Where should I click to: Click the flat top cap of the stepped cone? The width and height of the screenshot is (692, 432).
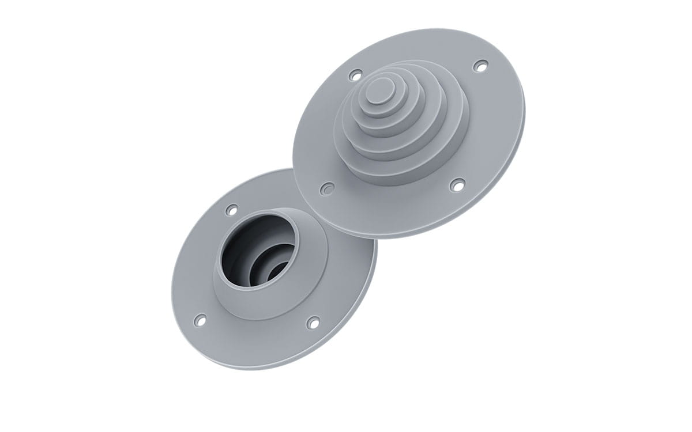[x=379, y=90]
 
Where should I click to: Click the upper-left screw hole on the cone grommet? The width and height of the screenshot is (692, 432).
[x=356, y=75]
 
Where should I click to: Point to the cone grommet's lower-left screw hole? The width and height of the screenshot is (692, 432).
[x=327, y=189]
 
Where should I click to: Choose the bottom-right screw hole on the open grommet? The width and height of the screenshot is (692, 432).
[x=313, y=323]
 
